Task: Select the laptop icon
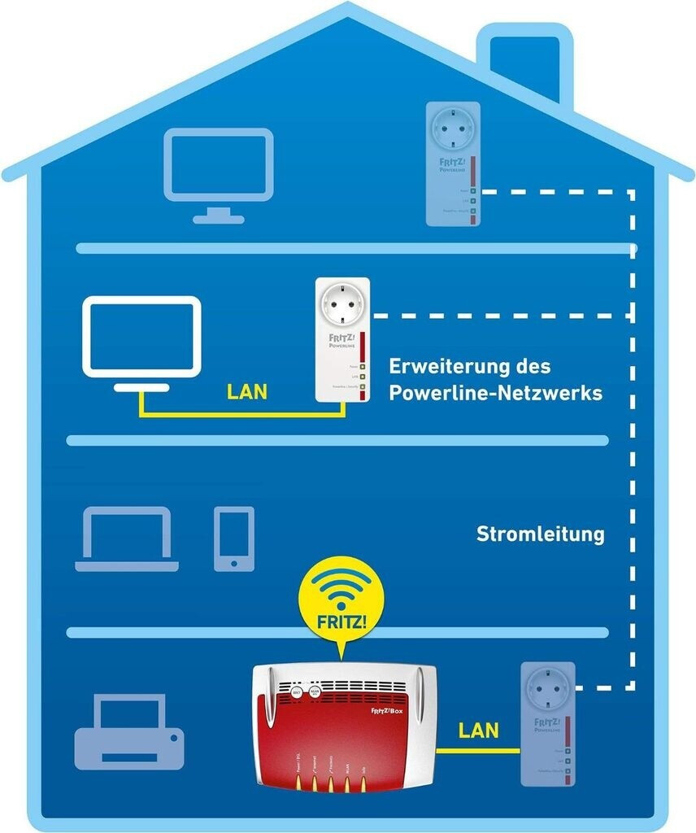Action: (x=126, y=539)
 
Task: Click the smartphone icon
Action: (x=234, y=538)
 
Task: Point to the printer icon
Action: (x=129, y=731)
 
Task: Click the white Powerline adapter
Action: (x=342, y=339)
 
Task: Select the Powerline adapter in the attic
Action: (x=453, y=164)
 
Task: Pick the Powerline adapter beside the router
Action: (x=547, y=724)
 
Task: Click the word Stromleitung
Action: (x=540, y=534)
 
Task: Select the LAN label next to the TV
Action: (x=247, y=392)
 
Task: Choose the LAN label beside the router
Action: (x=478, y=730)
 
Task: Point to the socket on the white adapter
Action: (x=342, y=305)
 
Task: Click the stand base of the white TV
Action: (x=141, y=387)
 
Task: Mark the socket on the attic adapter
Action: (x=452, y=129)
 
